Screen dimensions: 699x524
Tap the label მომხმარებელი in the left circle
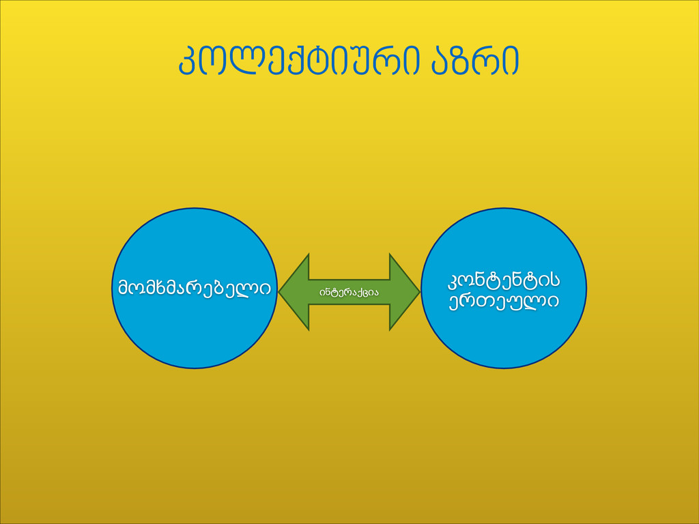[195, 288]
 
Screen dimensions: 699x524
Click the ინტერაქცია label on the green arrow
[349, 292]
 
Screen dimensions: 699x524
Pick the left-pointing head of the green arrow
[294, 292]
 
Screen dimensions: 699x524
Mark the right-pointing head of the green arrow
[404, 292]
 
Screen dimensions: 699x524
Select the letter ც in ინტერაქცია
[363, 293]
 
